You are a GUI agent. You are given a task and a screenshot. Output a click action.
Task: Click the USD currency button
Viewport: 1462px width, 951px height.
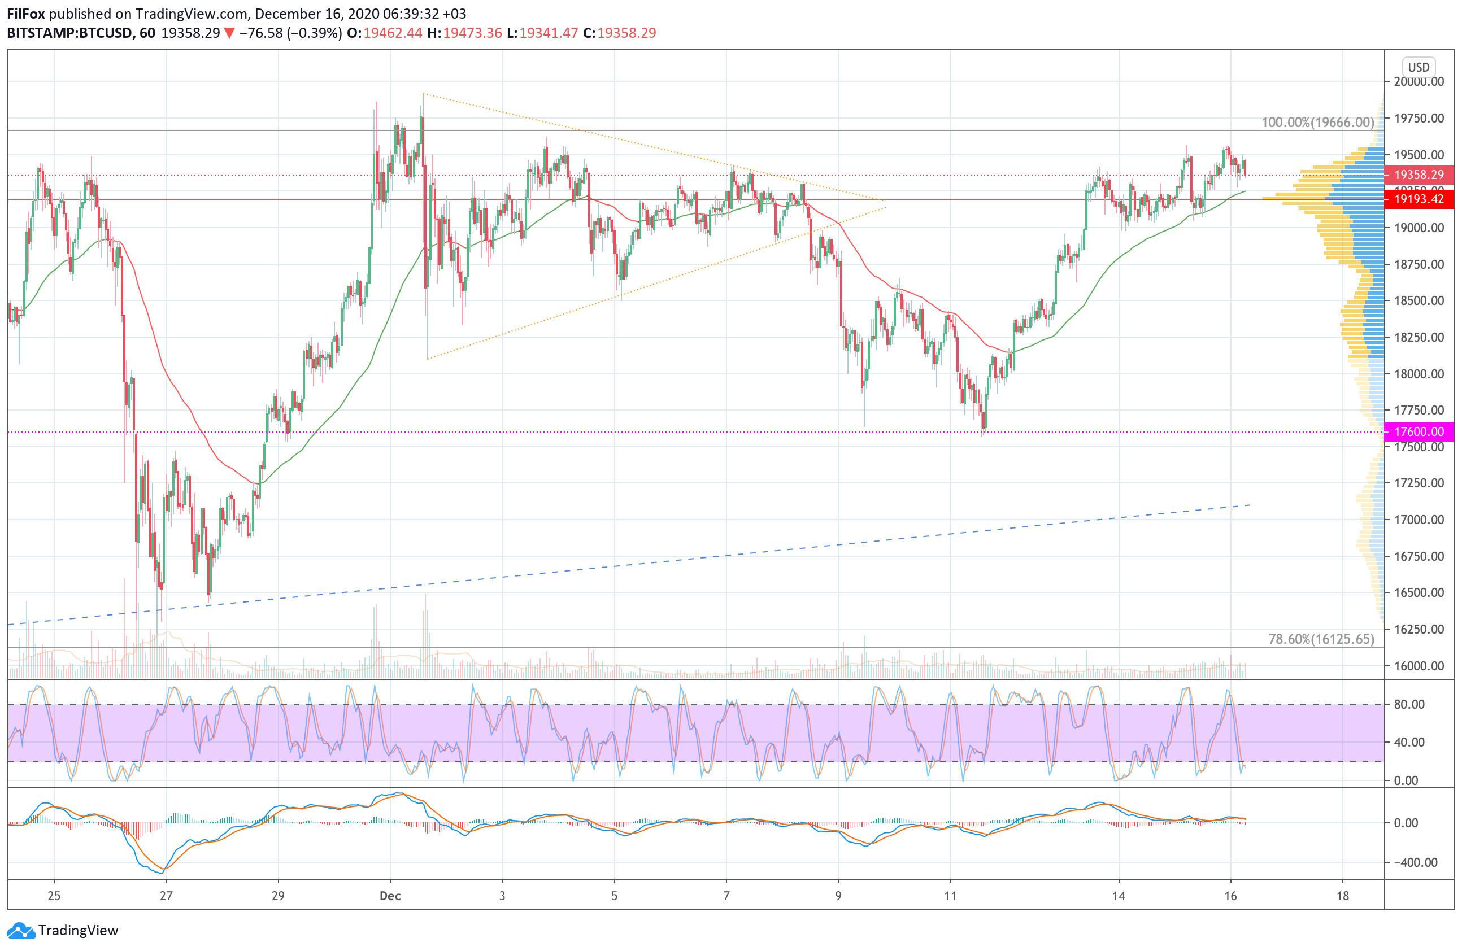point(1419,67)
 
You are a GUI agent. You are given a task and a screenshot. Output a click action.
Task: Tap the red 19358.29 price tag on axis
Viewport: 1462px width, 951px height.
point(1419,175)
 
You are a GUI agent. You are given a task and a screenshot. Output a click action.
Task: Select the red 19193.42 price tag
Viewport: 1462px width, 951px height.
point(1419,199)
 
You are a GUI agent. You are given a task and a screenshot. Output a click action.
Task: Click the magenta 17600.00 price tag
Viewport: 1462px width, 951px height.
point(1419,431)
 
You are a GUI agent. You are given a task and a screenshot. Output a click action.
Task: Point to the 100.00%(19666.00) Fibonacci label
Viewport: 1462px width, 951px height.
point(1317,122)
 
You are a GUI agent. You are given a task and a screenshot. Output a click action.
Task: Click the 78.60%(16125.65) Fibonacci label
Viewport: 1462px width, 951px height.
point(1321,639)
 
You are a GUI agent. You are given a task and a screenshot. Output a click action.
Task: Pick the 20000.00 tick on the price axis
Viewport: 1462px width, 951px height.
point(1419,82)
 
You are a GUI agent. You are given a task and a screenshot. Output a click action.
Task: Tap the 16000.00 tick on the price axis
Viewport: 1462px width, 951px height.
point(1419,665)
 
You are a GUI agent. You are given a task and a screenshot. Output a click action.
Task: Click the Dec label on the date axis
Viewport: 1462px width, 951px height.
point(390,896)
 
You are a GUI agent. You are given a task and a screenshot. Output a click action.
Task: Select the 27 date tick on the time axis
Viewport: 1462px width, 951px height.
point(166,896)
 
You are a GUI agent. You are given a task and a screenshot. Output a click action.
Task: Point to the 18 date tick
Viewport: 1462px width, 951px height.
point(1343,896)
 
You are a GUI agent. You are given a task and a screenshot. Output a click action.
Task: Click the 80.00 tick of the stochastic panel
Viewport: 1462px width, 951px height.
point(1409,704)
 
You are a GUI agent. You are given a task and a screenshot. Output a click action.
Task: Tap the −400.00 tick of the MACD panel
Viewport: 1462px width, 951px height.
point(1415,862)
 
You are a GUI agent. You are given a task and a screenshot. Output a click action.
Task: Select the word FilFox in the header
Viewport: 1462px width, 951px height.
point(26,14)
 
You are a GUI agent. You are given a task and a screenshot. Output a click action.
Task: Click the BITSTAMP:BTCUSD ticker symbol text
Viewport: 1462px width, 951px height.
point(69,33)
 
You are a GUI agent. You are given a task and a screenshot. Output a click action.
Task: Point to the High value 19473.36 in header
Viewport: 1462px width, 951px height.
point(472,33)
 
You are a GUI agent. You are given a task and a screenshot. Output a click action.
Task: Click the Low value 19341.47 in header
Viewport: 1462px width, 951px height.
point(549,33)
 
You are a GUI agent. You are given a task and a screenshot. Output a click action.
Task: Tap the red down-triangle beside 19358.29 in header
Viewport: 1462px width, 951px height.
point(229,33)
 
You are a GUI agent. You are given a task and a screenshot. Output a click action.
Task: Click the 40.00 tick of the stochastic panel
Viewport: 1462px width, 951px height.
point(1409,742)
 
